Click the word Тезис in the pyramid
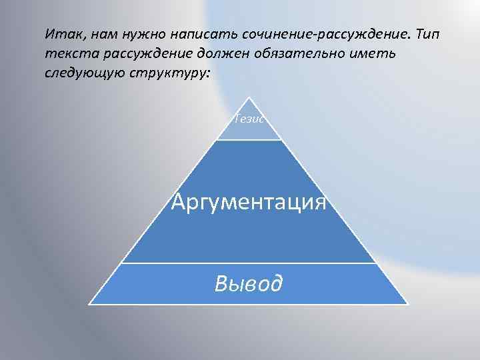point(249,119)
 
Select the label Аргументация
point(249,201)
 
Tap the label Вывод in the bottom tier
point(249,283)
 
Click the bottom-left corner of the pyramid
point(91,305)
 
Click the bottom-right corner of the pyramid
point(407,305)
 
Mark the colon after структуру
point(207,71)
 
